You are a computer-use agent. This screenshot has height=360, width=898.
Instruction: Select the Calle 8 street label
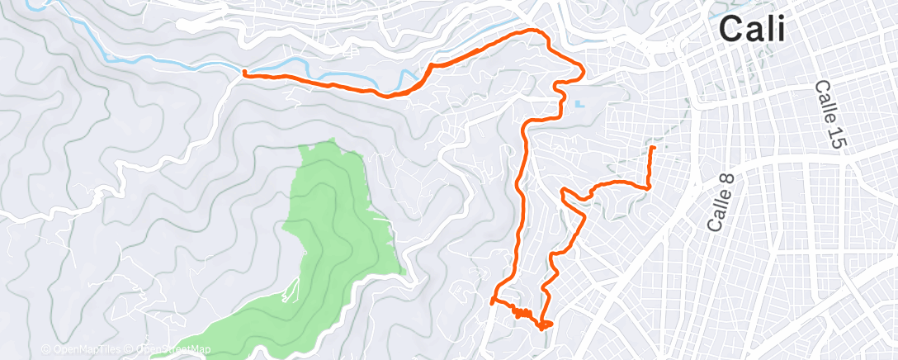tap(721, 200)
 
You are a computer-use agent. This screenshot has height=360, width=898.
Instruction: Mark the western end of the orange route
tap(244, 73)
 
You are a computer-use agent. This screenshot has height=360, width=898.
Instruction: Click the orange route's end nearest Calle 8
tap(653, 148)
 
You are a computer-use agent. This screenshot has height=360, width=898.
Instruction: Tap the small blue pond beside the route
tap(578, 105)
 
